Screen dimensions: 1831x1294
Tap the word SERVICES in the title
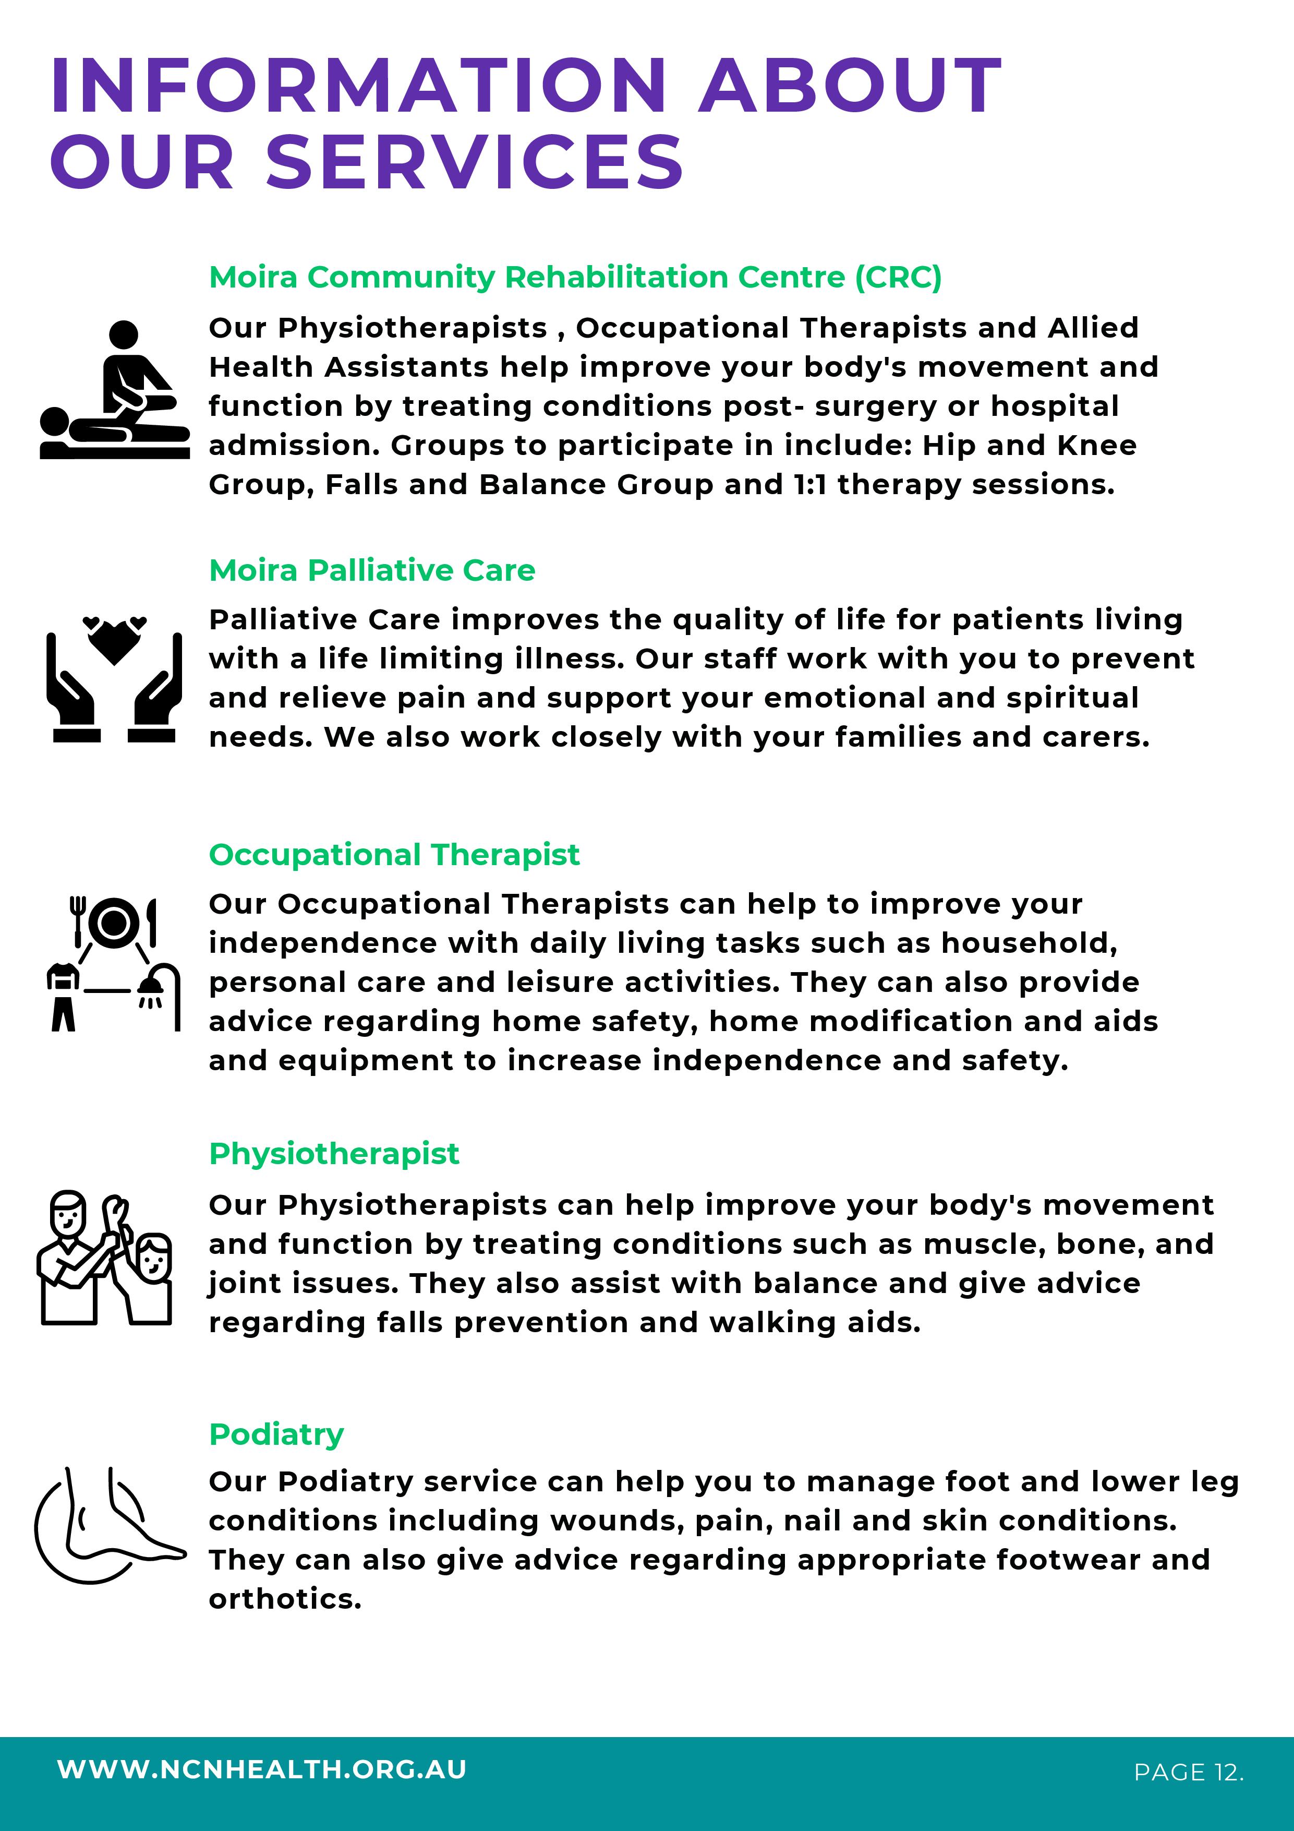pyautogui.click(x=475, y=163)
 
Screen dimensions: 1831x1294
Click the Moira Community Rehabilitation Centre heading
pyautogui.click(x=574, y=277)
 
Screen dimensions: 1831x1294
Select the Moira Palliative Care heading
pyautogui.click(x=371, y=570)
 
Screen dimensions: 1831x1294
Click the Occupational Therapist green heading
pyautogui.click(x=394, y=854)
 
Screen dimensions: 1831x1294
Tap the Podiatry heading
pyautogui.click(x=276, y=1434)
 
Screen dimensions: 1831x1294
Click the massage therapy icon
pyautogui.click(x=114, y=391)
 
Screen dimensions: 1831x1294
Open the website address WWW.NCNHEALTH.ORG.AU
pyautogui.click(x=261, y=1769)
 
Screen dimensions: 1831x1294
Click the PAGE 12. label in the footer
pyautogui.click(x=1188, y=1772)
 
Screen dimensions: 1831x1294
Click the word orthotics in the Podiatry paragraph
pyautogui.click(x=285, y=1598)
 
